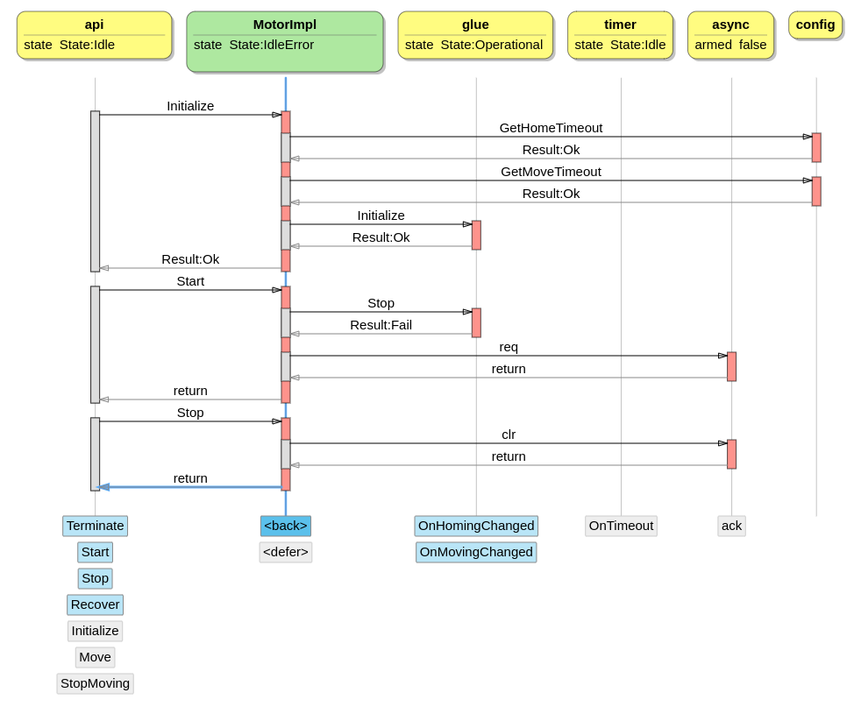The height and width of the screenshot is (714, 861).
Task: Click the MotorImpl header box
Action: (x=285, y=41)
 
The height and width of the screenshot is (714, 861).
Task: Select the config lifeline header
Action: (x=815, y=25)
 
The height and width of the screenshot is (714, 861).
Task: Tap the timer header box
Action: (x=620, y=35)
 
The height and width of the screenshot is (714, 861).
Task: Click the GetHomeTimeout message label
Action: (x=551, y=128)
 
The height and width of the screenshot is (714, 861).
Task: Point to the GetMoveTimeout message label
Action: (x=551, y=172)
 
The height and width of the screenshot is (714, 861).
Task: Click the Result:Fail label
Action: (x=381, y=325)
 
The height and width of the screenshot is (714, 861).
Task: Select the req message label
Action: (x=509, y=347)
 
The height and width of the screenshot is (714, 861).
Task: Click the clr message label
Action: (x=509, y=435)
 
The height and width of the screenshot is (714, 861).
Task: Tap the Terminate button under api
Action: (x=95, y=526)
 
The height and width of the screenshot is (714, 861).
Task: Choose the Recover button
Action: (x=95, y=604)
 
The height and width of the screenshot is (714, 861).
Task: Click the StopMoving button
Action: (x=95, y=683)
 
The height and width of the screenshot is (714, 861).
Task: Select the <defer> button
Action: (x=286, y=552)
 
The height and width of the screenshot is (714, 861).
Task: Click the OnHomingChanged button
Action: (x=476, y=526)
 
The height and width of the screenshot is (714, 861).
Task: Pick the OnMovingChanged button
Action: (x=476, y=552)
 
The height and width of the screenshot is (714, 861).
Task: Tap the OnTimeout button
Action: (x=621, y=526)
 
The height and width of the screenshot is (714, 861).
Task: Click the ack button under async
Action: (x=731, y=526)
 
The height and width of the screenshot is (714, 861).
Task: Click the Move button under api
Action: (x=95, y=657)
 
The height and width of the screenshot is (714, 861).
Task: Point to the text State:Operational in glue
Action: (x=491, y=45)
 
